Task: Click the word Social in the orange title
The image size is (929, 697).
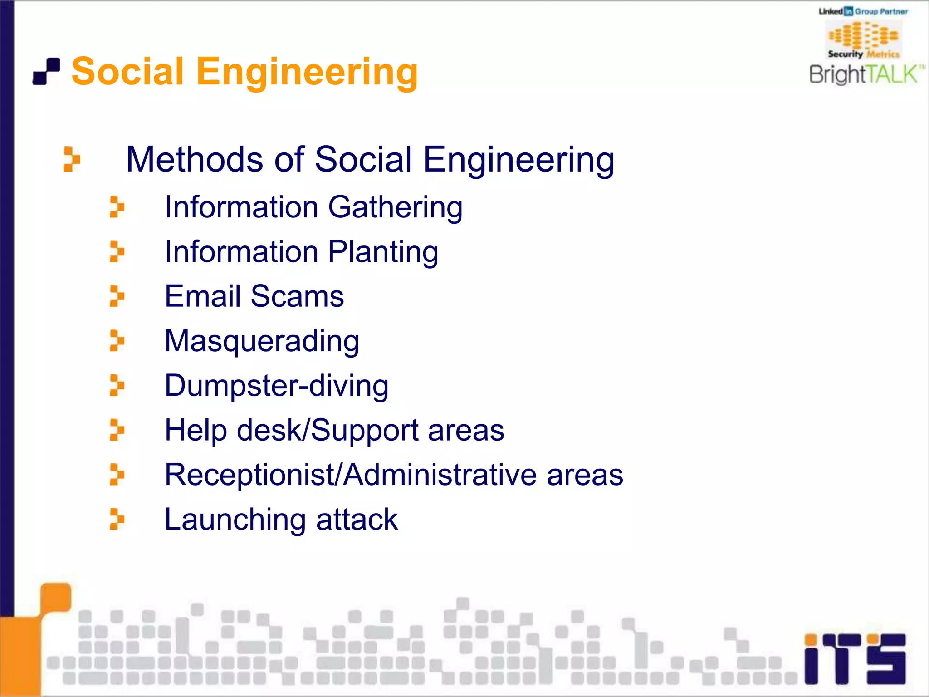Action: tap(128, 72)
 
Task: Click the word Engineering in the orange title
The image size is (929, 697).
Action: tap(307, 73)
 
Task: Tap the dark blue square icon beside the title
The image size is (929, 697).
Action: tap(46, 71)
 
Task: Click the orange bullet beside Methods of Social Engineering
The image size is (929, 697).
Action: tap(71, 159)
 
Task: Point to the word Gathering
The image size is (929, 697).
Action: tap(395, 207)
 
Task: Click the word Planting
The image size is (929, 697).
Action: tap(383, 252)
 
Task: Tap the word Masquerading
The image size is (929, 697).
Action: tap(262, 341)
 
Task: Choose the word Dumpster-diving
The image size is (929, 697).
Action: tap(276, 386)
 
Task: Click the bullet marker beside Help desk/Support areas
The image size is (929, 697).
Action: tap(117, 430)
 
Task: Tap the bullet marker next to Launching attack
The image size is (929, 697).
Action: tap(117, 519)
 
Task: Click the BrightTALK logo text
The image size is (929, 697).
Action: tap(866, 74)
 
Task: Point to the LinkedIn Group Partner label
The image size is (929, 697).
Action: tap(863, 11)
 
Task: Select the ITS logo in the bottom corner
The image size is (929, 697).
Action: tap(855, 659)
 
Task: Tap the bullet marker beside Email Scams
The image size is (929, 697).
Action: tap(117, 296)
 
